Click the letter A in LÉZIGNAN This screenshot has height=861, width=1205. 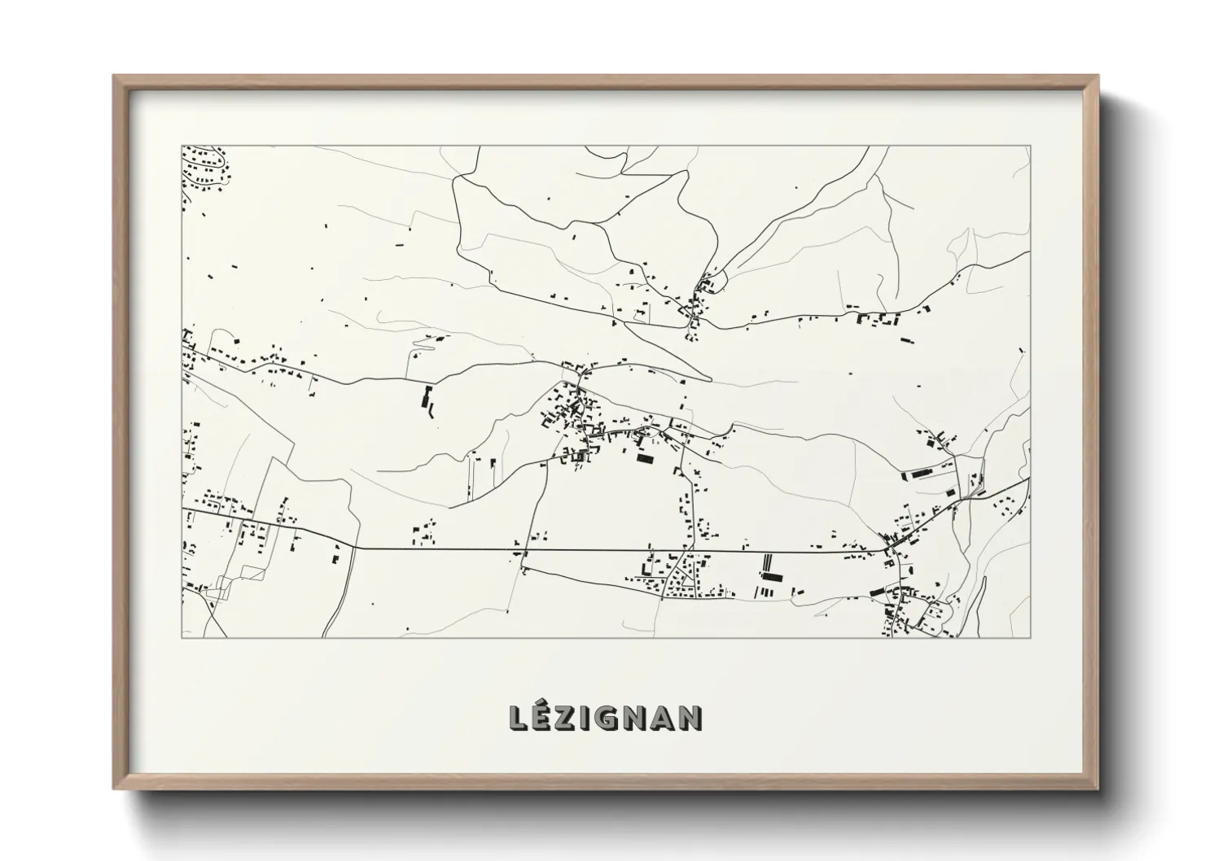point(664,718)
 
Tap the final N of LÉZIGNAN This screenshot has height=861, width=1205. point(691,718)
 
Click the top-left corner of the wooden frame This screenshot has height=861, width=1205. point(115,76)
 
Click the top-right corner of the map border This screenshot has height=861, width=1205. point(1031,146)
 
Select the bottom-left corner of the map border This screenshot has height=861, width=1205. point(182,637)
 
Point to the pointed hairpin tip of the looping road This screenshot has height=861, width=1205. point(710,379)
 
